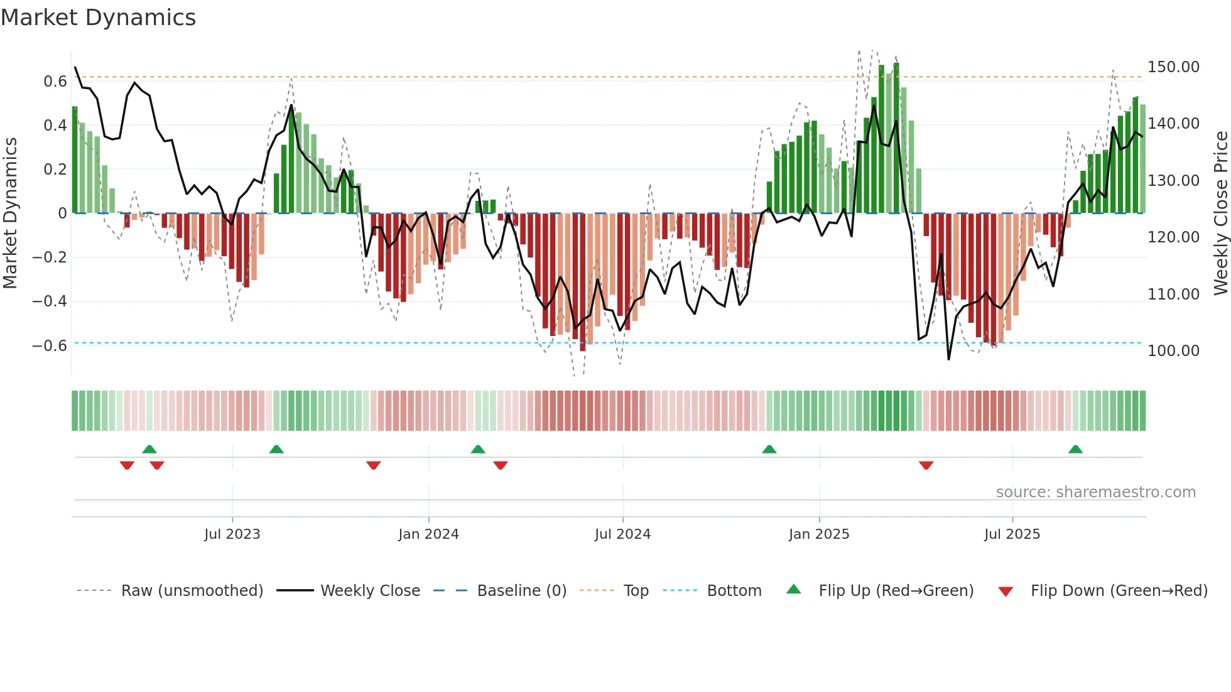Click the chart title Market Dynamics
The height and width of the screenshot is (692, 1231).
tap(98, 18)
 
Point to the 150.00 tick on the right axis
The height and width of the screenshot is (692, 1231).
tap(1173, 67)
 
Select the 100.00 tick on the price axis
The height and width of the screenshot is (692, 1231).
tap(1173, 351)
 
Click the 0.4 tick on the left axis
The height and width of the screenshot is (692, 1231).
tap(55, 126)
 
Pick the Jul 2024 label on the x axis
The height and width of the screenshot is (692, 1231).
tap(622, 534)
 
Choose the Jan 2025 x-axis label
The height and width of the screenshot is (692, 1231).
tap(819, 534)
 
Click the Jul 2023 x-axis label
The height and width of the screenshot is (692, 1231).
tap(232, 534)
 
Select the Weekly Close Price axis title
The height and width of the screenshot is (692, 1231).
tap(1220, 213)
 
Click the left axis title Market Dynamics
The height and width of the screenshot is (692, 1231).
tap(10, 213)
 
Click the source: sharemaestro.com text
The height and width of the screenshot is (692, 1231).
tap(1095, 492)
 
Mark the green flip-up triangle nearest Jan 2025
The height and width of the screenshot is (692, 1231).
tap(769, 449)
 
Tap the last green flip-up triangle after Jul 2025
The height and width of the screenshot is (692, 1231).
tap(1075, 449)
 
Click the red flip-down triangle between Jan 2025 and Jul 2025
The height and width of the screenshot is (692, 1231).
tap(926, 465)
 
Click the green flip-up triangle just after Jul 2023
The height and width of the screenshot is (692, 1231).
tap(276, 449)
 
